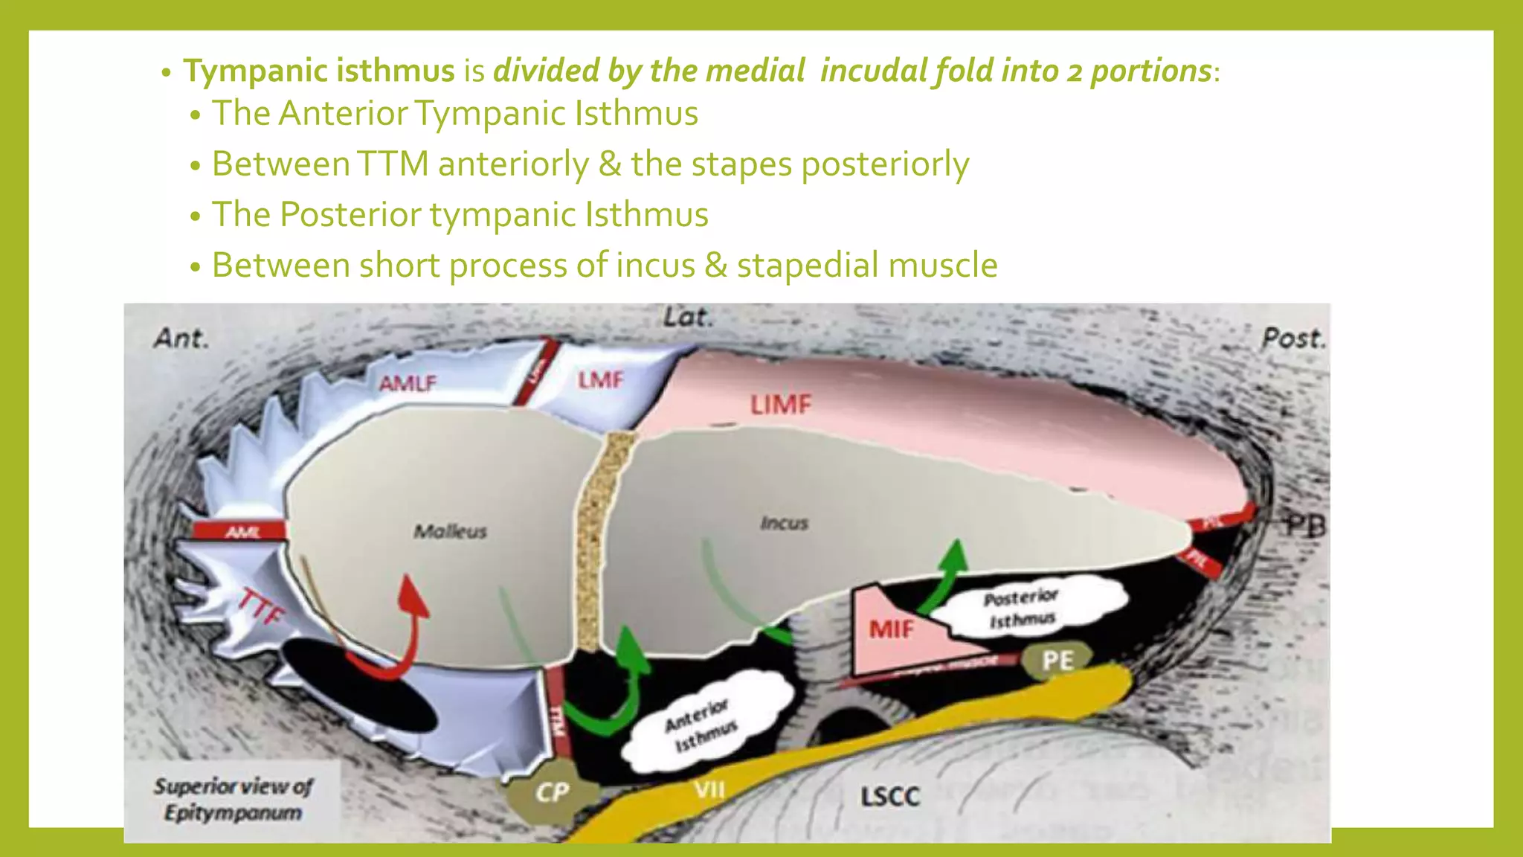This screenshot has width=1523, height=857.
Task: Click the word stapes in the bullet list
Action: (x=740, y=164)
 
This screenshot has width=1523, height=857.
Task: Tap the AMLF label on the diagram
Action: (x=408, y=384)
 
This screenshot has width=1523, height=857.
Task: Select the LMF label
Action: (x=600, y=380)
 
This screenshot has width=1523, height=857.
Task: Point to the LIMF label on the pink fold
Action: (x=780, y=405)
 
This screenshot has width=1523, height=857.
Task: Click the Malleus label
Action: (x=450, y=531)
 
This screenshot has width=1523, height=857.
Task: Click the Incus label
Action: (x=784, y=523)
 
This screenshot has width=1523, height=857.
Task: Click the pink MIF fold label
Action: (x=891, y=630)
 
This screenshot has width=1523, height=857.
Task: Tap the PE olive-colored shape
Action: (x=1057, y=660)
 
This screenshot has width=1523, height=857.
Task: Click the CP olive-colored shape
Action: (x=552, y=793)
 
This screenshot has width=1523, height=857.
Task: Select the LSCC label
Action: (x=889, y=797)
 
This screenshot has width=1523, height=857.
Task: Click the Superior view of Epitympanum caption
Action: (x=233, y=799)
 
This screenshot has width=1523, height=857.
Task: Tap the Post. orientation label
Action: (x=1292, y=339)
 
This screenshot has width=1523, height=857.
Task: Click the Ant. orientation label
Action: (x=181, y=339)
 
